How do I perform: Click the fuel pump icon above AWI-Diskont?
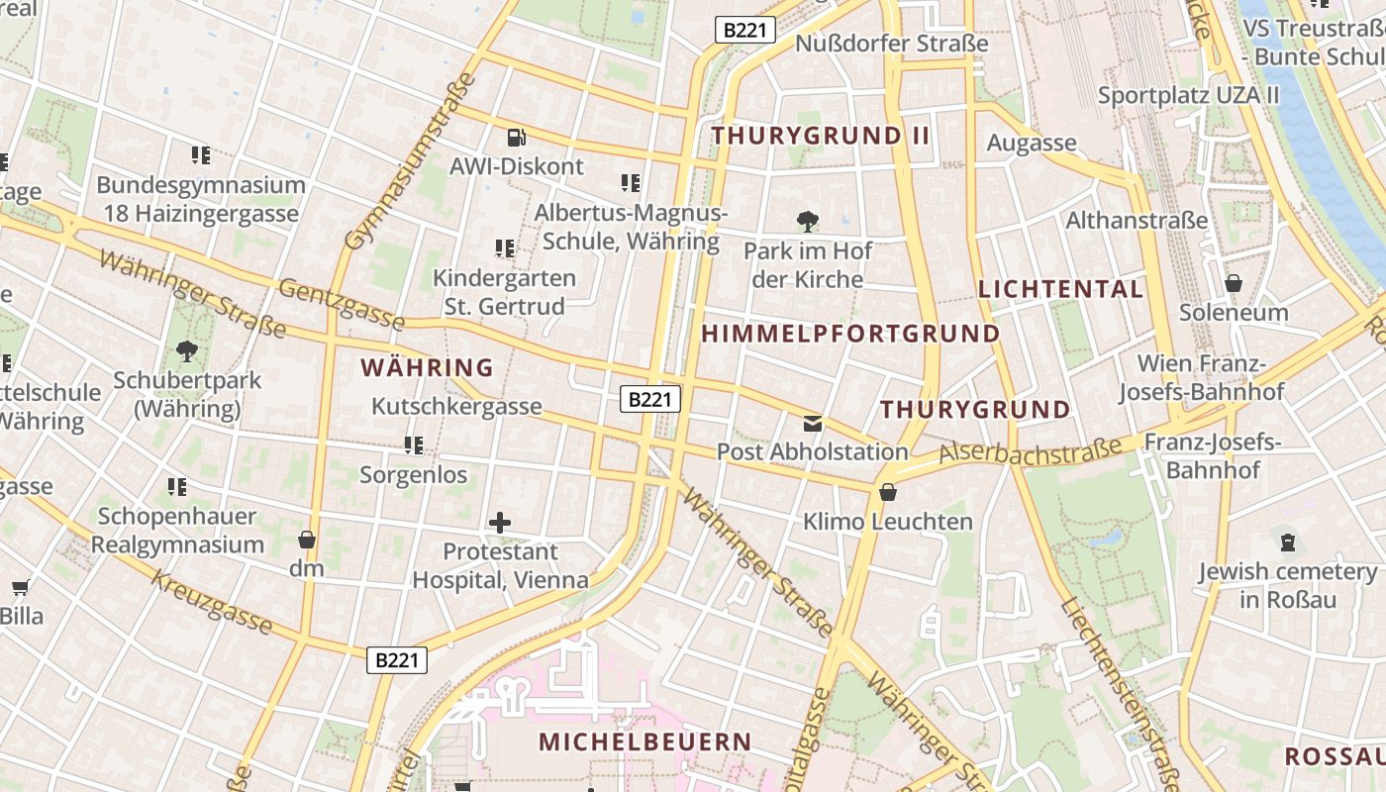coord(516,138)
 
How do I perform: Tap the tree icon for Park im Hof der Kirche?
coord(808,222)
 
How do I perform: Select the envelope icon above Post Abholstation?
coord(813,424)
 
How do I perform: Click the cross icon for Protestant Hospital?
coord(500,522)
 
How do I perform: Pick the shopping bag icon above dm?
coord(307,540)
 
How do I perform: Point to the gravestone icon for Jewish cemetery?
coord(1287,543)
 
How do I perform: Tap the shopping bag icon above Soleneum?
coord(1234,284)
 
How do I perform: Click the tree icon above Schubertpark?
coord(186,350)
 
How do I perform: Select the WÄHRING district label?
coord(427,367)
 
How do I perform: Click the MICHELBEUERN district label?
coord(645,742)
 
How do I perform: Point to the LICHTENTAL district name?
coord(1060,289)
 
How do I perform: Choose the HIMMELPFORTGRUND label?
coord(850,334)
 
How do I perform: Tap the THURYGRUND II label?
coord(821,136)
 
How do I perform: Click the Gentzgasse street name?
coord(342,304)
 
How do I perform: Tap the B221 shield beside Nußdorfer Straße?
coord(744,30)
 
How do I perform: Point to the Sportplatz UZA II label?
coord(1188,95)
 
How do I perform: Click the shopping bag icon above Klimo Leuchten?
coord(888,492)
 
